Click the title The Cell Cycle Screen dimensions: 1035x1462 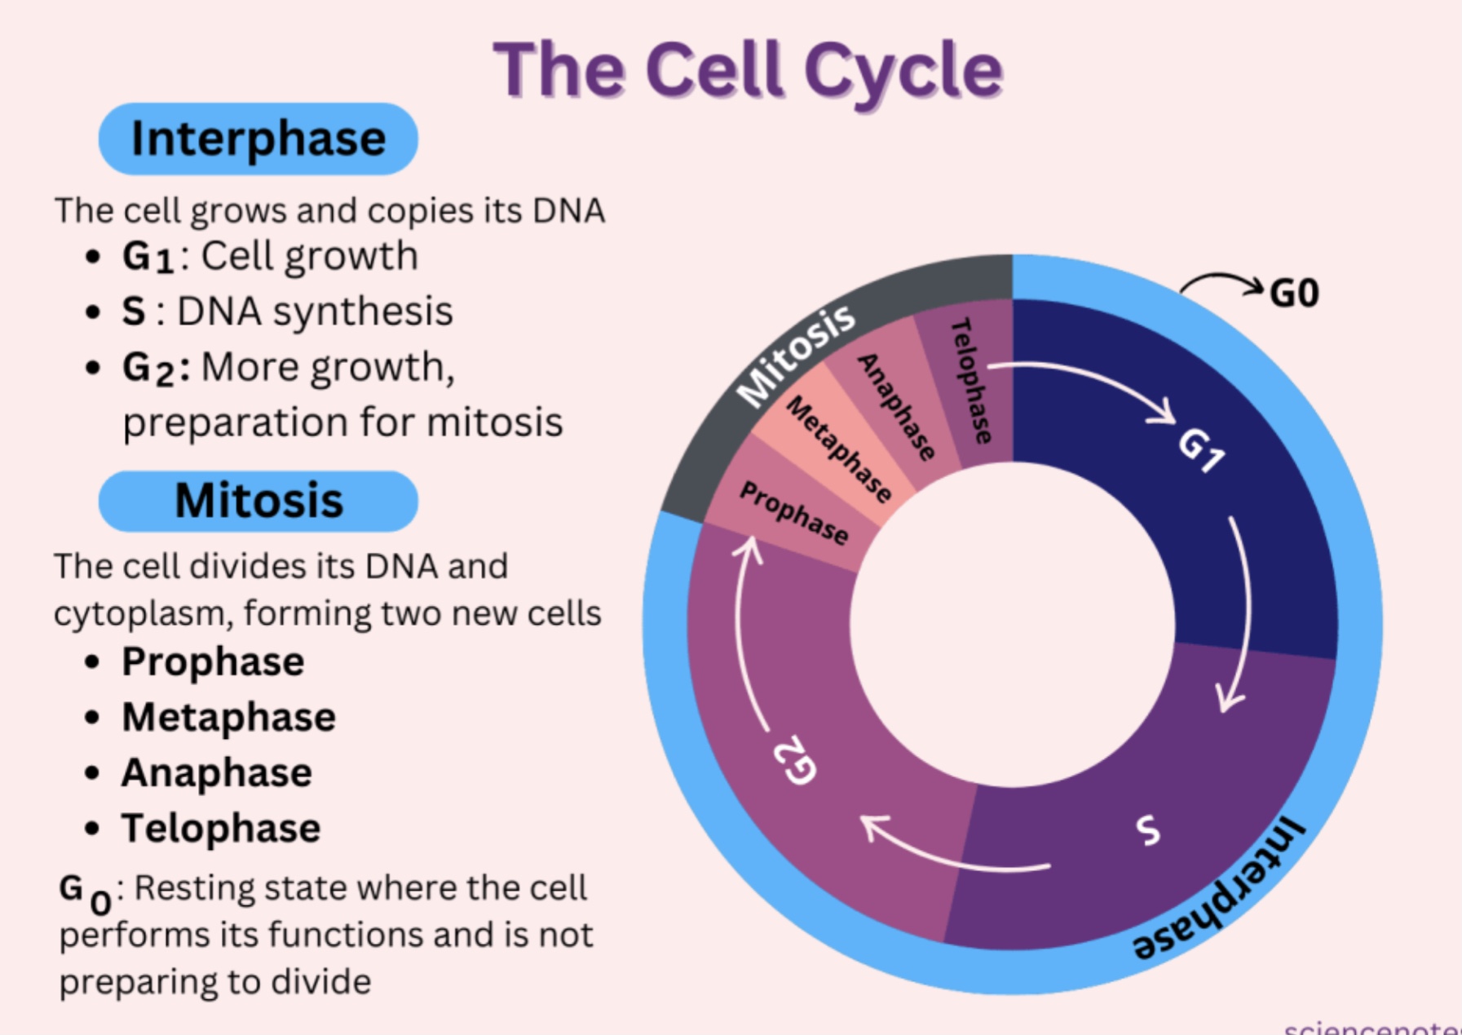[x=748, y=70]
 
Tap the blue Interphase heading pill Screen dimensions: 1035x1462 [x=258, y=139]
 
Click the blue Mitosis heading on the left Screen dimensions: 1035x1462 [x=258, y=501]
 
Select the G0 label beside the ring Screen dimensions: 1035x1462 [x=1294, y=294]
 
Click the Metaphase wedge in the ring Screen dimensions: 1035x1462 [x=838, y=449]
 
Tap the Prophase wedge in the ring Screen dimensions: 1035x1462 [x=793, y=513]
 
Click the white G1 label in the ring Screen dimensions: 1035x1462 [x=1201, y=450]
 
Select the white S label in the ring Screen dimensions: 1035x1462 [x=1148, y=829]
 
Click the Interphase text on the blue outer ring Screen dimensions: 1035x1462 [x=1219, y=889]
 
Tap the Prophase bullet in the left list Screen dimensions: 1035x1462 [x=213, y=661]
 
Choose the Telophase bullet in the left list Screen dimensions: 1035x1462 [x=221, y=829]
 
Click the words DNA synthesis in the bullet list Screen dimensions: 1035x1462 [x=315, y=312]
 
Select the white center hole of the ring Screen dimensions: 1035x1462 [x=1012, y=625]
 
